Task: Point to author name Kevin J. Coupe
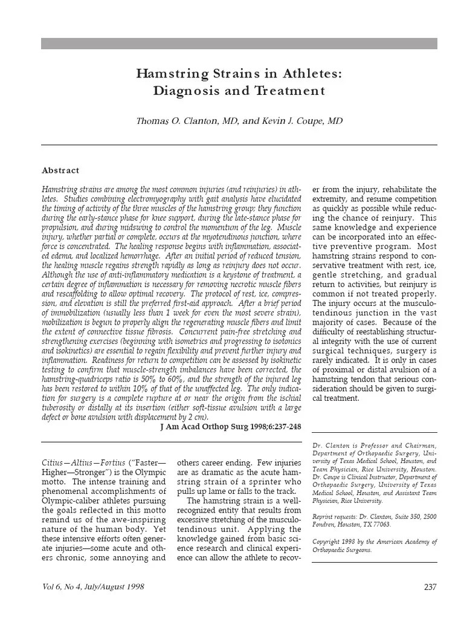292,121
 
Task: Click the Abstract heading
60,170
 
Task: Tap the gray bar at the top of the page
239,44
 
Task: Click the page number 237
430,587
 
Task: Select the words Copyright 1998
333,542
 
